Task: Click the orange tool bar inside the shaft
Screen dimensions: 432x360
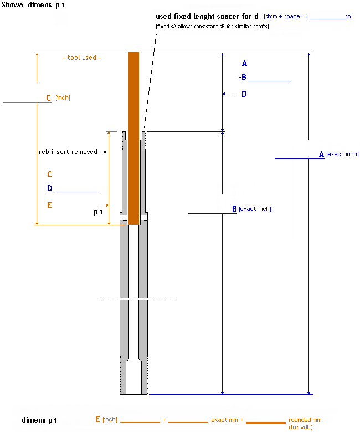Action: click(x=133, y=138)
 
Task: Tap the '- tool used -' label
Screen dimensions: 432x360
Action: click(x=81, y=58)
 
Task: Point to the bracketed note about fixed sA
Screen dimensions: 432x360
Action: click(x=212, y=27)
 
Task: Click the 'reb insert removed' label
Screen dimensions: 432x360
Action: click(x=68, y=152)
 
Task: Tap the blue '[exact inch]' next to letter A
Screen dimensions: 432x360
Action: click(x=342, y=154)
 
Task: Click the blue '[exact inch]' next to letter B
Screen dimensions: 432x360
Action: click(x=255, y=209)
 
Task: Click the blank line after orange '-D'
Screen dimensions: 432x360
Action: click(x=75, y=191)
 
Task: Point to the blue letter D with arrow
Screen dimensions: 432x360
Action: click(x=244, y=94)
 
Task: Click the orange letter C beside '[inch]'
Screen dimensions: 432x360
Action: click(x=49, y=98)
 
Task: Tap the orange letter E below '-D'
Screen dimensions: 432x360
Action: click(x=49, y=205)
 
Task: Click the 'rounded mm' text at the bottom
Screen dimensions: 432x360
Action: click(x=305, y=420)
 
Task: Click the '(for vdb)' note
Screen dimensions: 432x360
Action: click(x=301, y=427)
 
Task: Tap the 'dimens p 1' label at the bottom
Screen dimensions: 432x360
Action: click(x=39, y=420)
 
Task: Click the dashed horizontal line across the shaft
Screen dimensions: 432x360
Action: click(x=137, y=299)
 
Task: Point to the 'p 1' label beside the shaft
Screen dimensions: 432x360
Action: click(x=98, y=212)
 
